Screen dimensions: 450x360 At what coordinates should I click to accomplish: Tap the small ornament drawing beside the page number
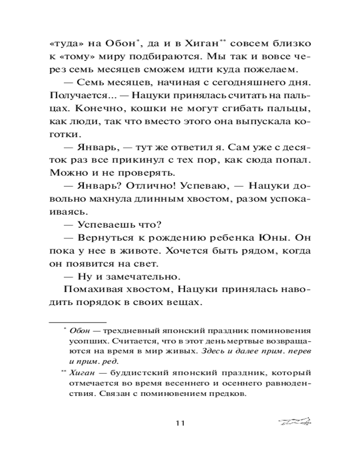pyautogui.click(x=295, y=422)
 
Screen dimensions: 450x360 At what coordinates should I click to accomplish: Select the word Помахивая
pyautogui.click(x=90, y=288)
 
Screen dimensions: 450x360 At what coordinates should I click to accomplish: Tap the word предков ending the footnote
pyautogui.click(x=227, y=394)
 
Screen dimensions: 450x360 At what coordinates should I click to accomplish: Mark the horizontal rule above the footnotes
pyautogui.click(x=77, y=322)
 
